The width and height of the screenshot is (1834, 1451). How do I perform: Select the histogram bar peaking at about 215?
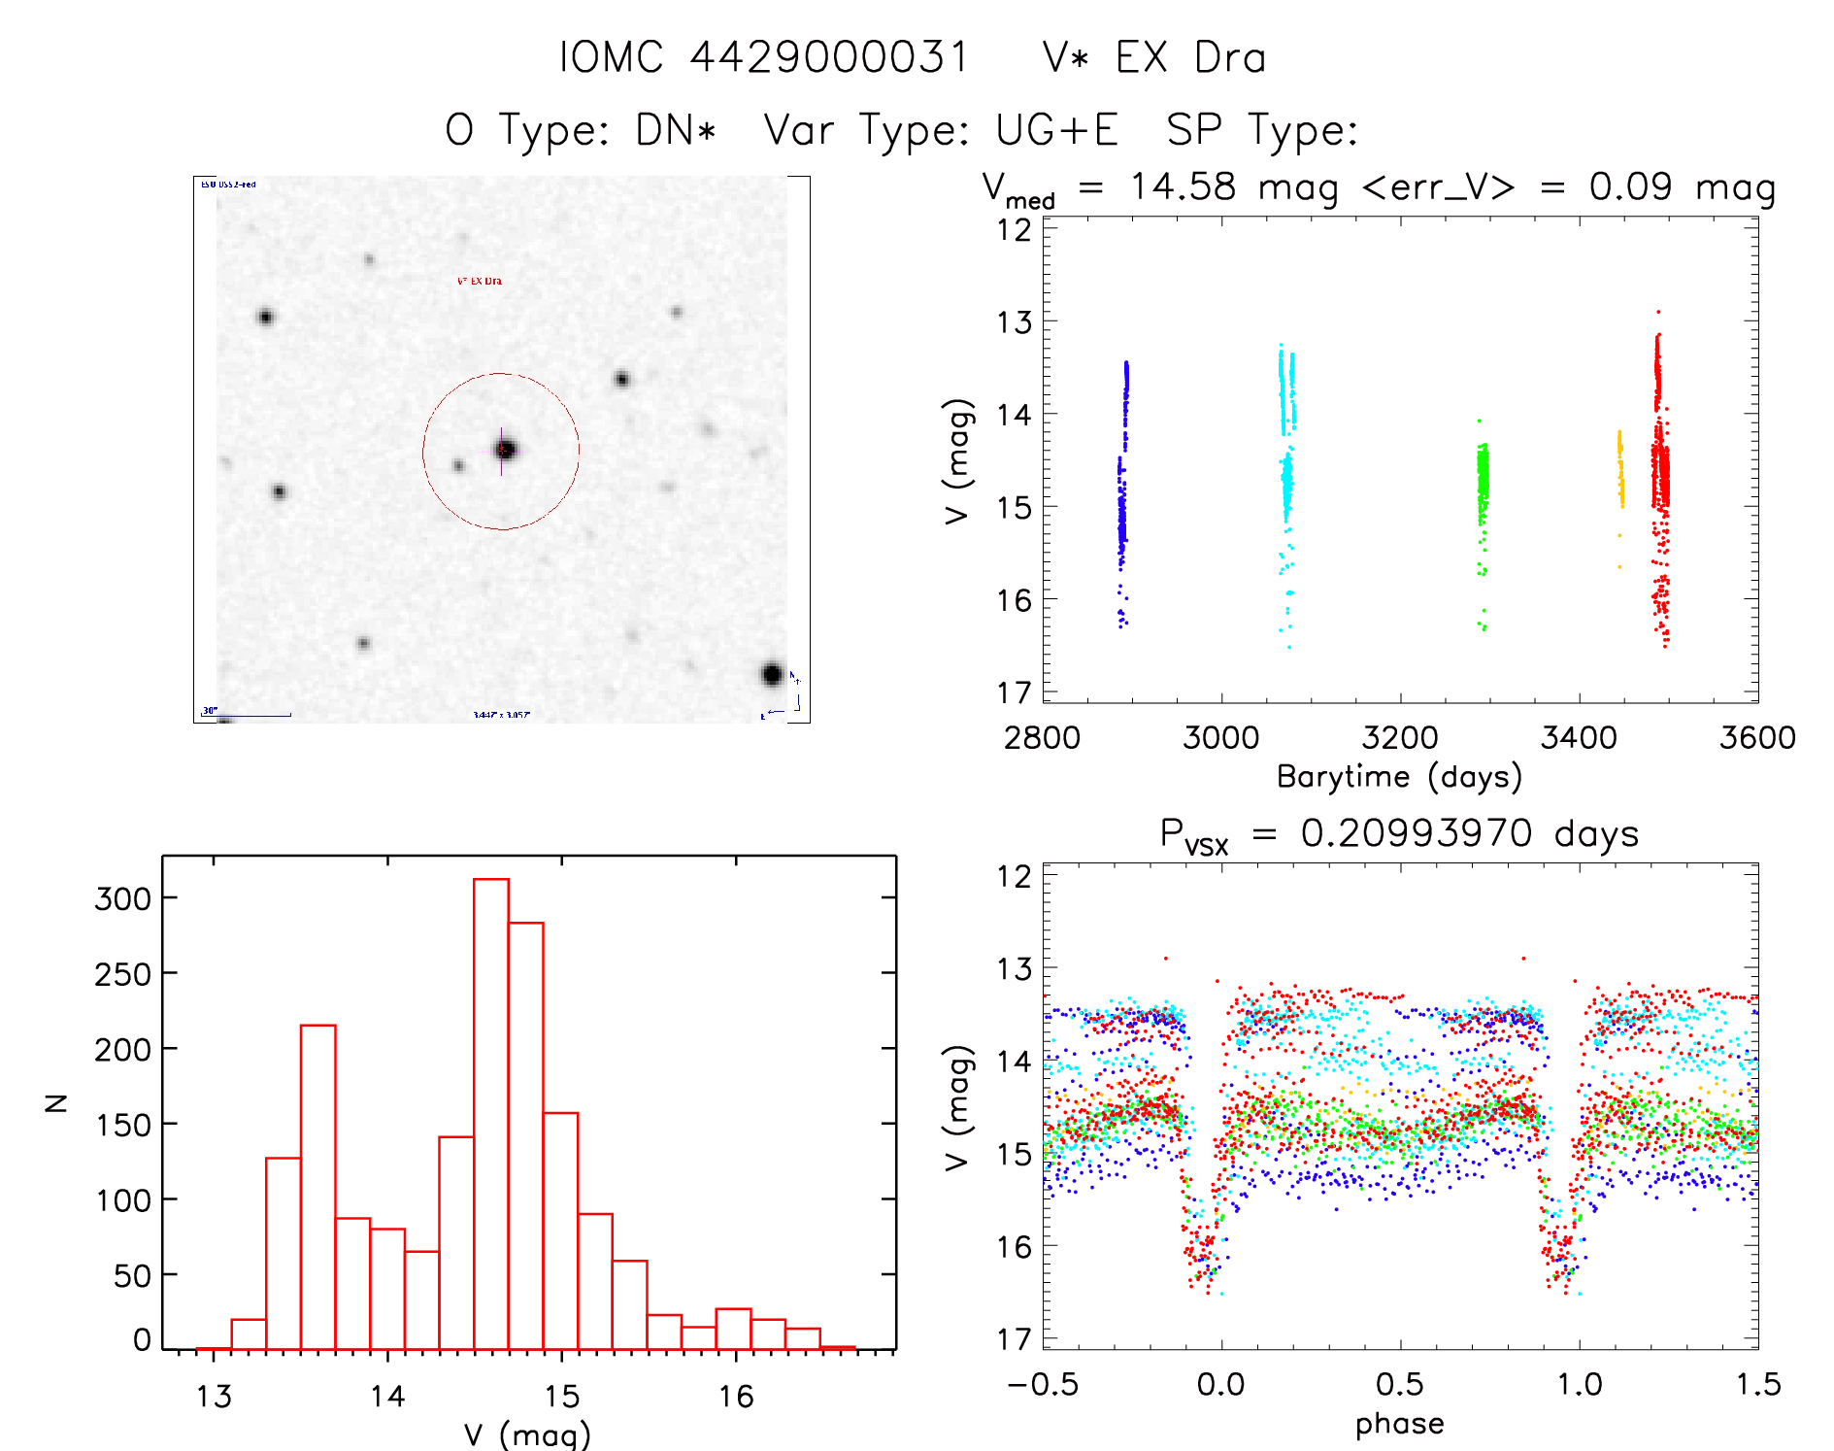[x=318, y=1185]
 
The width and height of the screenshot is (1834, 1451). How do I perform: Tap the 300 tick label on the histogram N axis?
[x=123, y=898]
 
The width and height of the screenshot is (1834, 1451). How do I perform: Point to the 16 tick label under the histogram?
[x=736, y=1397]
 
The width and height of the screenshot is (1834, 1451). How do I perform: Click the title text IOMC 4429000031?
[x=765, y=58]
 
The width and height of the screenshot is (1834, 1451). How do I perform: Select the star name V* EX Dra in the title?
[x=1154, y=58]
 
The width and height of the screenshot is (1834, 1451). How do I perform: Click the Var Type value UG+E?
[x=1057, y=130]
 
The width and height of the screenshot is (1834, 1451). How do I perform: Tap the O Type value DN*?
[x=676, y=130]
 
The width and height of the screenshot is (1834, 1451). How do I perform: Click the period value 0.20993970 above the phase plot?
[x=1417, y=833]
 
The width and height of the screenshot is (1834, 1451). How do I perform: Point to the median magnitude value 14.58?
[x=1183, y=186]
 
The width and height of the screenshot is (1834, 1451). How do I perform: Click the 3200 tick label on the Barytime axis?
[x=1400, y=738]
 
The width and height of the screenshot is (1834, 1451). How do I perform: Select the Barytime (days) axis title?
[x=1399, y=777]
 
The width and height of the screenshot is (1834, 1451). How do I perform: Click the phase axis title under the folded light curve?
[x=1399, y=1424]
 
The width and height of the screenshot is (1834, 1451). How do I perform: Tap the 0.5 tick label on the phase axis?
[x=1400, y=1384]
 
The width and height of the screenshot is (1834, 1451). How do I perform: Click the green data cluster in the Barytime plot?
[x=1483, y=486]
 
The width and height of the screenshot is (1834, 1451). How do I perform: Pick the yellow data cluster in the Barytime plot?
[x=1619, y=471]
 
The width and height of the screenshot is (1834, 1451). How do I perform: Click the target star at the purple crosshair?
[x=505, y=450]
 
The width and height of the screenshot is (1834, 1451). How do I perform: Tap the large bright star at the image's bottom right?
[x=772, y=674]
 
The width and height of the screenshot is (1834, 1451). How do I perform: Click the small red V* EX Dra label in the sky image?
[x=480, y=281]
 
